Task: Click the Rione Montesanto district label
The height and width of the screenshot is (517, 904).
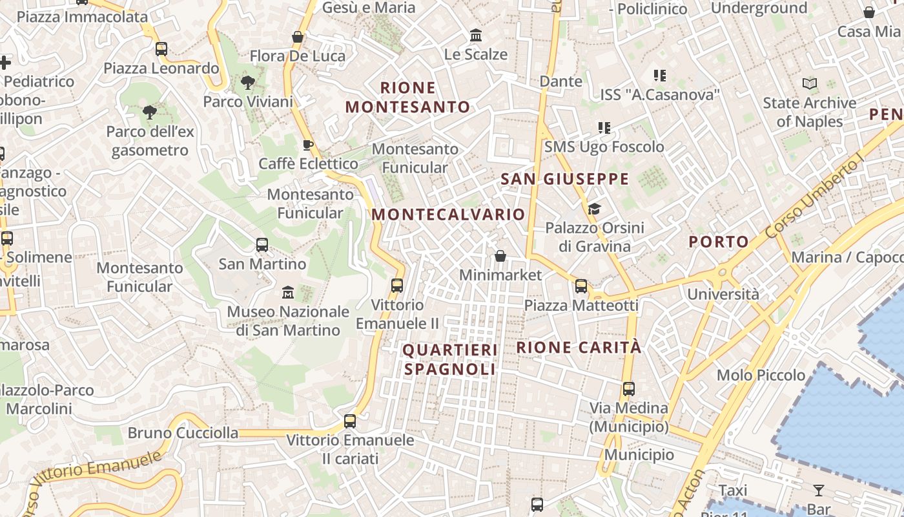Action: (x=408, y=98)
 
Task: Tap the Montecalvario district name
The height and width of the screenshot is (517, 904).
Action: (x=449, y=215)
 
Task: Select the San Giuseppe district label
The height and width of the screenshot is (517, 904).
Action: (x=565, y=179)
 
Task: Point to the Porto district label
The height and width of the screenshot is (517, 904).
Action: (x=719, y=242)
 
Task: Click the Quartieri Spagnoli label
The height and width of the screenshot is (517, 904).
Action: (x=450, y=360)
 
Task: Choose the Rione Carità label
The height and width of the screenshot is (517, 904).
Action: (x=579, y=348)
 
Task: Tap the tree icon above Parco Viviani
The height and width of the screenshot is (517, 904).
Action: (x=247, y=82)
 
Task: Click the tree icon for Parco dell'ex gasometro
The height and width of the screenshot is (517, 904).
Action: (x=150, y=112)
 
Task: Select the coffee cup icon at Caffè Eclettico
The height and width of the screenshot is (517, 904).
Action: (x=308, y=144)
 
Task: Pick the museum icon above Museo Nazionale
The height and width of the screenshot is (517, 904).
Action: (x=288, y=293)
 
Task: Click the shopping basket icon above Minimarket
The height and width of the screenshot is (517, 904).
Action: (x=500, y=256)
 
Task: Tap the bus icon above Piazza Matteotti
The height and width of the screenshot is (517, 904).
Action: (x=581, y=286)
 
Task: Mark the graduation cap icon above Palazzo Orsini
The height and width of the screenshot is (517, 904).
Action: (x=594, y=209)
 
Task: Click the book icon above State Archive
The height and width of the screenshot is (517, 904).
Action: (x=809, y=83)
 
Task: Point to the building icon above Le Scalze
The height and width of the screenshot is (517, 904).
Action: (x=476, y=34)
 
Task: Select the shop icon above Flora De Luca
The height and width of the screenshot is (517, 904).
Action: (x=298, y=37)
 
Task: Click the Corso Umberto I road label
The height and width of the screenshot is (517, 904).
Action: (x=815, y=197)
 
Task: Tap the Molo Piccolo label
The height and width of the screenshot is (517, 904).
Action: (x=761, y=375)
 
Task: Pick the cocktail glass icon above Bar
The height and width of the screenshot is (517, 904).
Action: (x=819, y=491)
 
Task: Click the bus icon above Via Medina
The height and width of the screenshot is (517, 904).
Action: (x=629, y=389)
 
